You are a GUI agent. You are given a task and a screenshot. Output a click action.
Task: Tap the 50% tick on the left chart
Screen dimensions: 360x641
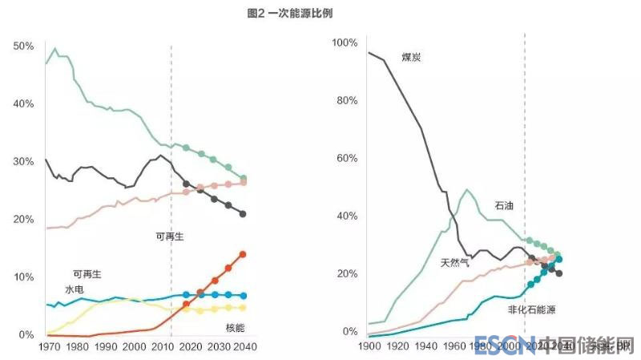click(23, 47)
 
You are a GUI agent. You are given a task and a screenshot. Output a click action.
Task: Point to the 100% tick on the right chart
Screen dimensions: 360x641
click(345, 42)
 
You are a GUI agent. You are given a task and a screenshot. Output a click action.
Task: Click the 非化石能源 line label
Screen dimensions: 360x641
click(531, 309)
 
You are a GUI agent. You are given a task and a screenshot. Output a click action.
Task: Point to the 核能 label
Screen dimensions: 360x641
click(235, 327)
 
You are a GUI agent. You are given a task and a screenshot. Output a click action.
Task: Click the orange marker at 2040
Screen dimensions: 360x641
click(243, 254)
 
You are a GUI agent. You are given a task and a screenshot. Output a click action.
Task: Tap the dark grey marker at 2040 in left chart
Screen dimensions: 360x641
click(243, 214)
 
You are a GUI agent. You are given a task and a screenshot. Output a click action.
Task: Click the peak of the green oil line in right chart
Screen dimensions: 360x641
click(467, 190)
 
